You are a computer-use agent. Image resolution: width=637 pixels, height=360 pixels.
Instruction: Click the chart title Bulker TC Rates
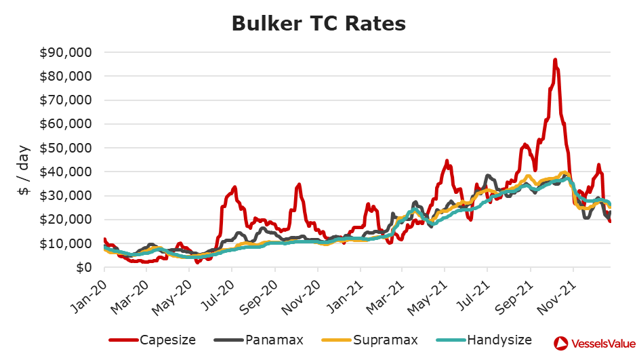tap(318, 23)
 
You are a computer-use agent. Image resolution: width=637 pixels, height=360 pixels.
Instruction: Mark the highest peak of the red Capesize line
tap(555, 60)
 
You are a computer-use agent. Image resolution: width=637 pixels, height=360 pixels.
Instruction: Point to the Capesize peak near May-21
tap(447, 161)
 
